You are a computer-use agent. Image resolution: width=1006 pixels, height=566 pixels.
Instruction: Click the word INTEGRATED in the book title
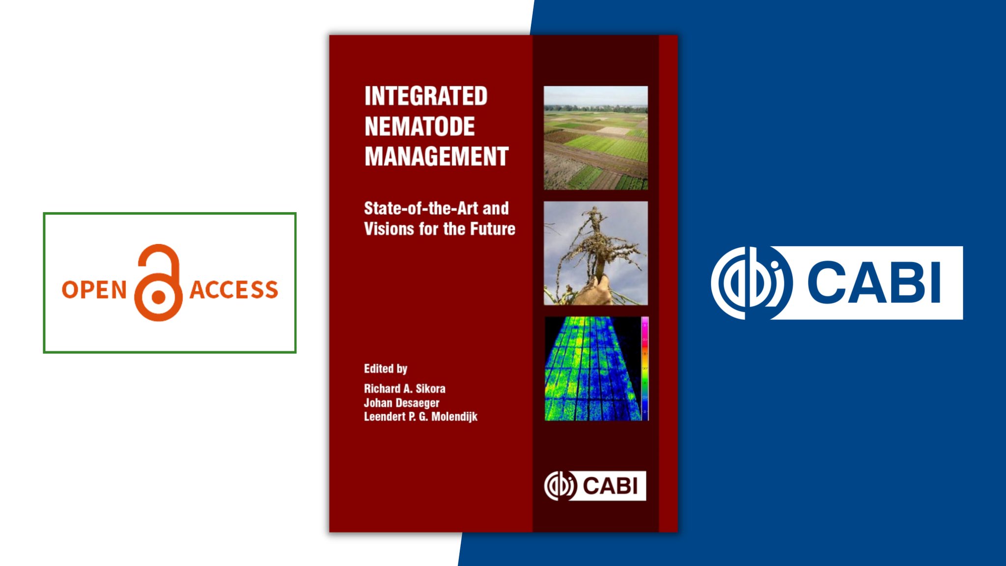point(426,96)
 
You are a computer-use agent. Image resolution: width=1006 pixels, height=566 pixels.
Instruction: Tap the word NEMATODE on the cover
point(419,126)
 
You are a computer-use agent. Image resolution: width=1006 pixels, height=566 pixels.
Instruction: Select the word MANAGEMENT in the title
point(436,157)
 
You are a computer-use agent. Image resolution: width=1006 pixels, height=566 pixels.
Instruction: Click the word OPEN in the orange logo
point(94,290)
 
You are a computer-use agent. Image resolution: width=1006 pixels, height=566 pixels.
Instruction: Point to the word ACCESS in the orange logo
point(234,290)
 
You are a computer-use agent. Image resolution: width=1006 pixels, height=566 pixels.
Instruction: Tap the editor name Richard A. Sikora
point(404,389)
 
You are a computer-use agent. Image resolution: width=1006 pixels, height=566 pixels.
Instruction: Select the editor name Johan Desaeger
point(401,403)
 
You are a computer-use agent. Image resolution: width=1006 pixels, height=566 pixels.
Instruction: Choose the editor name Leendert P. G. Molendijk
point(420,417)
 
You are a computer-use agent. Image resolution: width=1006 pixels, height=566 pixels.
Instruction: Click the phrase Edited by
point(386,368)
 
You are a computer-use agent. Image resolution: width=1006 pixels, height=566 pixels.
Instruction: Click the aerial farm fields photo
point(595,138)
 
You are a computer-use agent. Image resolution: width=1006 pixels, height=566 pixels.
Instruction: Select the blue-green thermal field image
point(592,368)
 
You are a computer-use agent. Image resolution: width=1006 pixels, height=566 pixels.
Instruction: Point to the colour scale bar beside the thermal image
point(645,368)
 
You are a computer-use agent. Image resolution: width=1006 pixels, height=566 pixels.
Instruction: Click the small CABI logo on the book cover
point(595,486)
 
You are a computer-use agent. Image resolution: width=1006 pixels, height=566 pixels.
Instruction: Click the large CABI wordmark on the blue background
point(873,283)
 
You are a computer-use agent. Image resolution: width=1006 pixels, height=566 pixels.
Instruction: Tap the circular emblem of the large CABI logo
point(751,283)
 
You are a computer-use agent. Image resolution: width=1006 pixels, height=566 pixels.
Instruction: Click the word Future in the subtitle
point(493,229)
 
